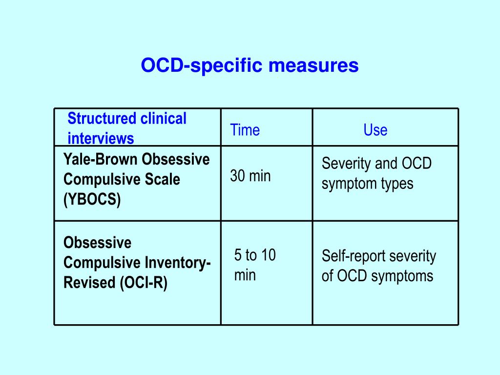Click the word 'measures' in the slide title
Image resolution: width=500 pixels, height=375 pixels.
coord(313,65)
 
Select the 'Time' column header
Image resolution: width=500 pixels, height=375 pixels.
coord(245,130)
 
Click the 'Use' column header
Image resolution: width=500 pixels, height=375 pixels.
coord(375,130)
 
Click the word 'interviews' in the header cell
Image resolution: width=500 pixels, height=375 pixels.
coord(101,138)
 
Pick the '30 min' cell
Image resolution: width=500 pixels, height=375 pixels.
coord(250,176)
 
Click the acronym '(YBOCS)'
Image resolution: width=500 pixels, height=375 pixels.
coord(92,199)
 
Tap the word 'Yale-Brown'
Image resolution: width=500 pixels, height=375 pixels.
coord(101,159)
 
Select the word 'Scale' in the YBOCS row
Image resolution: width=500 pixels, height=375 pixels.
coord(162,179)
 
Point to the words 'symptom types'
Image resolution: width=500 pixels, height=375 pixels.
coord(367,184)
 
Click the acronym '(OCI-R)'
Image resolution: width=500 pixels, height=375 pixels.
coord(144,283)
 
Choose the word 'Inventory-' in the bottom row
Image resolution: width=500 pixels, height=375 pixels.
coord(178,263)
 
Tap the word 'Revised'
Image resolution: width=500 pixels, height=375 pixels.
coord(89,283)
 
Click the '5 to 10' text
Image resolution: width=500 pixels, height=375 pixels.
coord(255,255)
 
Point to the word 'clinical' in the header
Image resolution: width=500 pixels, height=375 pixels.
coord(163,118)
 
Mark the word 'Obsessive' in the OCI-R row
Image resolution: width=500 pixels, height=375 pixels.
coord(97,243)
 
